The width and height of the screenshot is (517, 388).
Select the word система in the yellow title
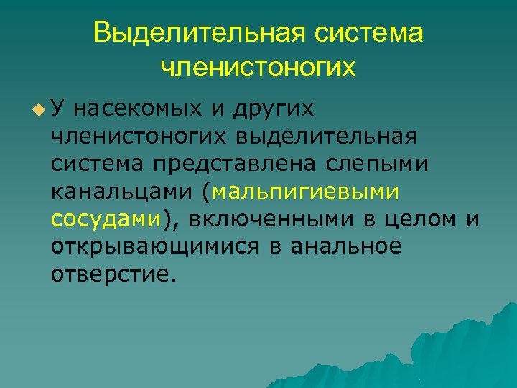[371, 34]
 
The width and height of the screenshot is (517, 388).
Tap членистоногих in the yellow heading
[258, 68]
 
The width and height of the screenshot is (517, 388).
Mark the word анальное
[347, 246]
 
